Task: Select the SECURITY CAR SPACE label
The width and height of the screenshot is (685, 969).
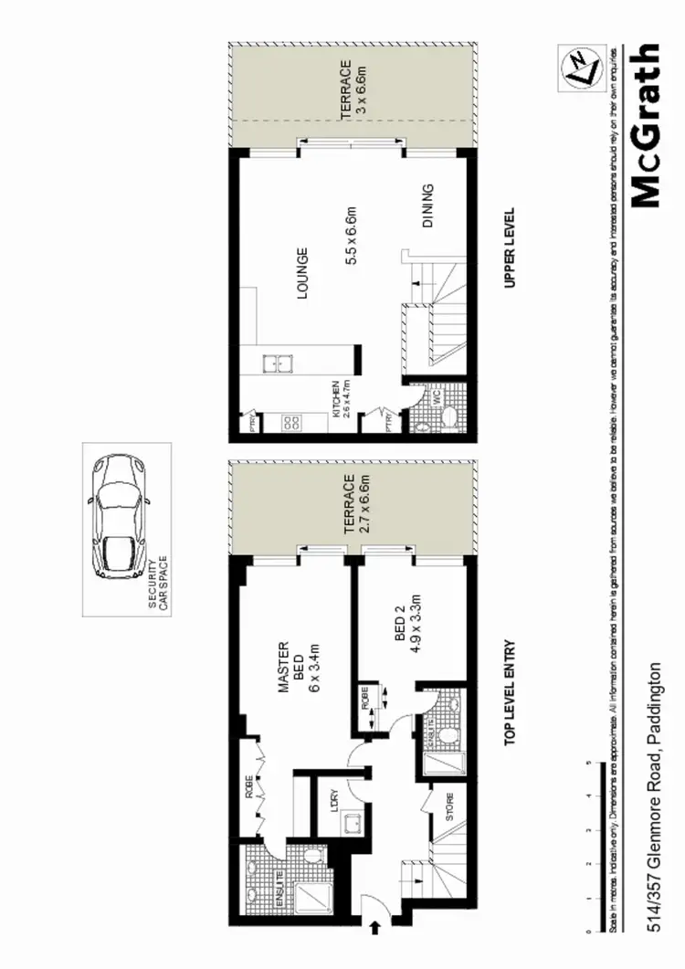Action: coord(160,576)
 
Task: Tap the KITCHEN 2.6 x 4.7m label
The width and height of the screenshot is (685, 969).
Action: coord(340,400)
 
